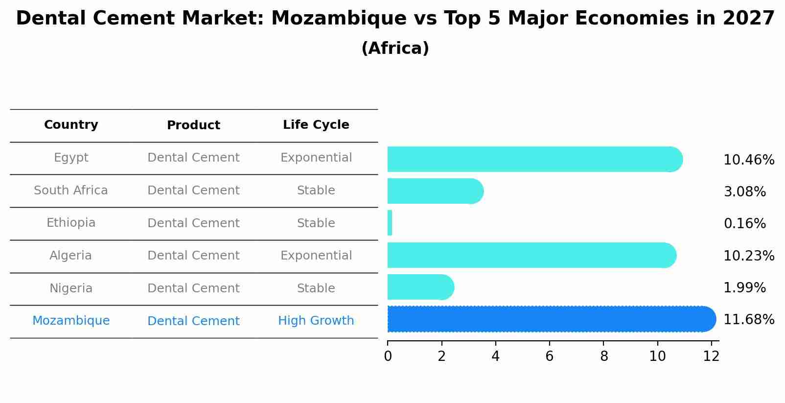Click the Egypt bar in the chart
pyautogui.click(x=533, y=159)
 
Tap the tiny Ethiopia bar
pyautogui.click(x=390, y=223)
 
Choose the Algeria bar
pyautogui.click(x=531, y=255)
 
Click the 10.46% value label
pyautogui.click(x=748, y=160)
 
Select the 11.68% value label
pyautogui.click(x=748, y=320)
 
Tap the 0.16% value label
pyautogui.click(x=744, y=224)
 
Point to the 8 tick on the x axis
pyautogui.click(x=603, y=356)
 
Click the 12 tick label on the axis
pyautogui.click(x=711, y=356)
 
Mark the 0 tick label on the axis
pyautogui.click(x=388, y=356)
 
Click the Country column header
pyautogui.click(x=71, y=125)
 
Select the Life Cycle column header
pyautogui.click(x=316, y=125)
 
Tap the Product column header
pyautogui.click(x=193, y=125)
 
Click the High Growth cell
pyautogui.click(x=316, y=321)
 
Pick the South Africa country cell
pyautogui.click(x=71, y=190)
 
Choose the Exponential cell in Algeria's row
pyautogui.click(x=316, y=256)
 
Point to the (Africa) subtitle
pyautogui.click(x=395, y=48)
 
